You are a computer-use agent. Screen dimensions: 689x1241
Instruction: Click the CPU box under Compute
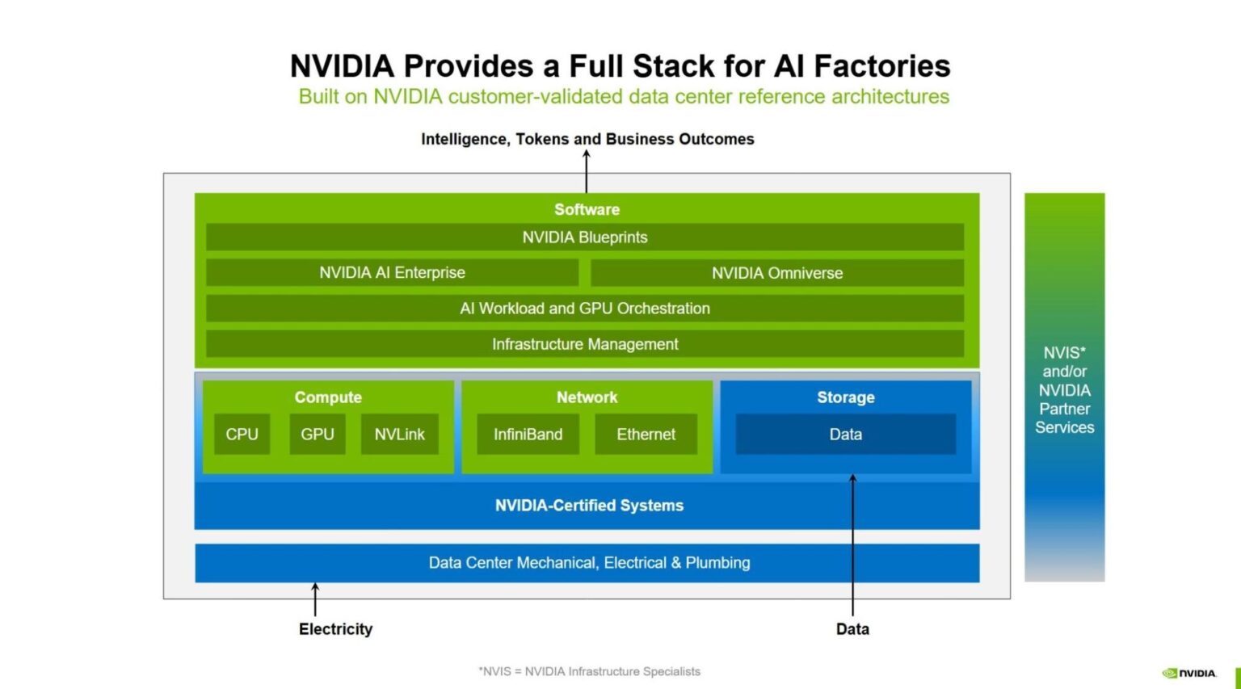coord(242,434)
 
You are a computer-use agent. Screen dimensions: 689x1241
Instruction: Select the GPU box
coord(317,434)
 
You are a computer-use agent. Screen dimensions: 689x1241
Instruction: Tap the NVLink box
coord(399,434)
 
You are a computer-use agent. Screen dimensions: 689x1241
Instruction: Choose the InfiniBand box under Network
coord(528,434)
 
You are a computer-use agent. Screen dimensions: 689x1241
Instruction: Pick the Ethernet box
coord(646,434)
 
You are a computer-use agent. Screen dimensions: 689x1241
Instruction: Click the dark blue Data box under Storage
coord(845,434)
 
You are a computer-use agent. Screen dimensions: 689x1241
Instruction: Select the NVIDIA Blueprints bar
coord(584,237)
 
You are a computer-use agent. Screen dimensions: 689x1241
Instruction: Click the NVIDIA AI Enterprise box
coord(392,273)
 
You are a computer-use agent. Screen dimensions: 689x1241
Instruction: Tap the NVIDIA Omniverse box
coord(776,273)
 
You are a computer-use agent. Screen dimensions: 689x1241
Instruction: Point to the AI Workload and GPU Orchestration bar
coord(584,309)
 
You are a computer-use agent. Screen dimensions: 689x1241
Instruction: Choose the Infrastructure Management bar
coord(584,344)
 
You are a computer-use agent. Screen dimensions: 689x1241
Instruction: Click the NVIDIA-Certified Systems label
coord(589,506)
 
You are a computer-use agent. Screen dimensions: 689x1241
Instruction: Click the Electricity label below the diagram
coord(335,629)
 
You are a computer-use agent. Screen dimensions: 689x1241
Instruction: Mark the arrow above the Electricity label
coord(315,599)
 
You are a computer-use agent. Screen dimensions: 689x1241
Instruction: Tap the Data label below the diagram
coord(852,629)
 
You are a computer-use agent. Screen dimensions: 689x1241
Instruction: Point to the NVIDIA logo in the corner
coord(1188,673)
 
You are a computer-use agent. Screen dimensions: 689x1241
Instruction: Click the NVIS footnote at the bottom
coord(589,671)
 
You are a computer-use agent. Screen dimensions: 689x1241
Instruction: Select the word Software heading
coord(587,209)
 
